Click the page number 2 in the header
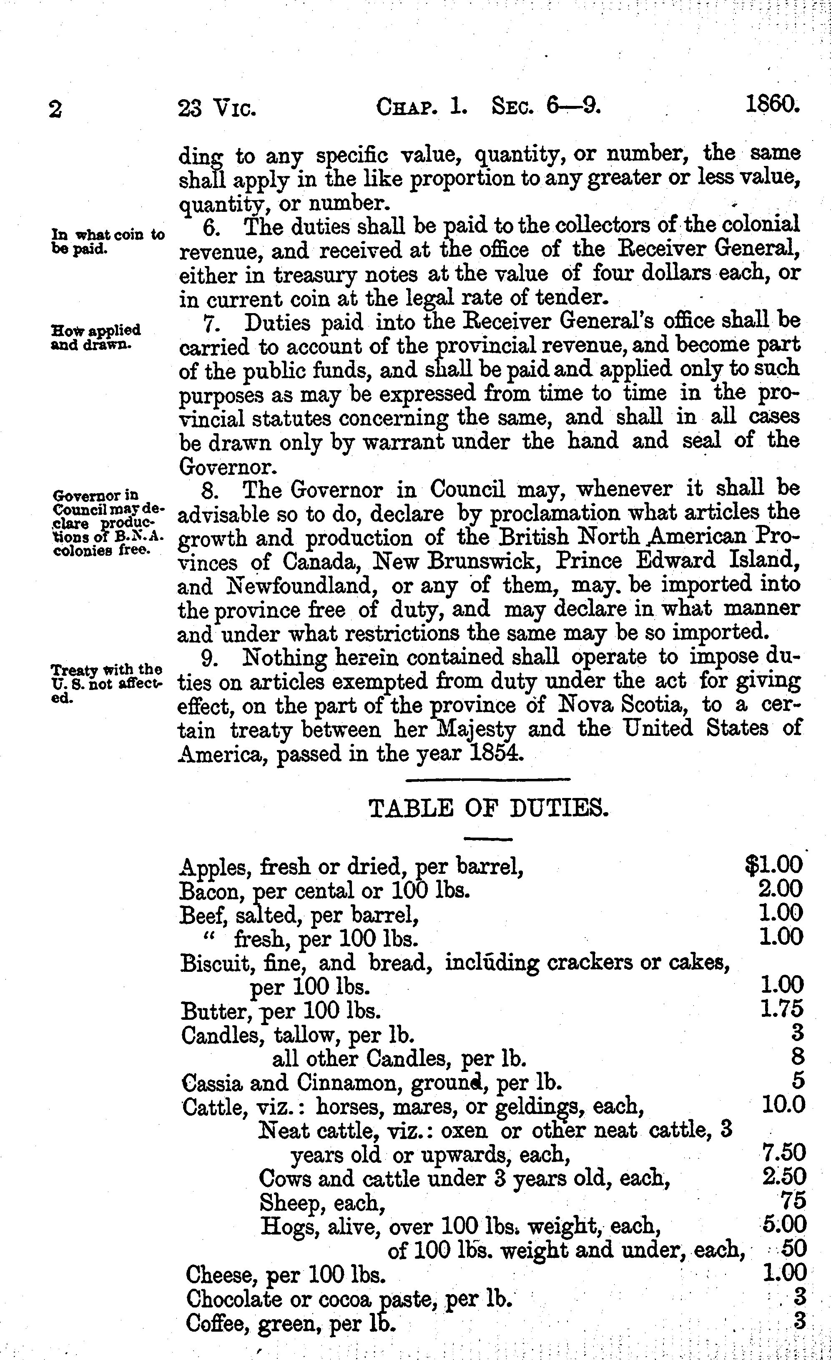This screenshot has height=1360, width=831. coord(55,109)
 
